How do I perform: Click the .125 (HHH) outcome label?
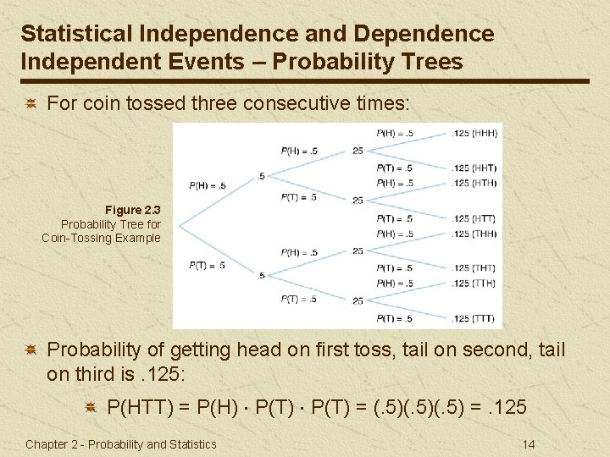coord(474,133)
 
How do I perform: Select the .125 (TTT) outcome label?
coord(474,318)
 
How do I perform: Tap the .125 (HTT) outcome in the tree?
coord(474,219)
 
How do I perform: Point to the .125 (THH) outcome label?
coord(474,234)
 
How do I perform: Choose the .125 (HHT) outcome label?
coord(474,168)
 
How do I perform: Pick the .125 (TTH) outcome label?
coord(474,283)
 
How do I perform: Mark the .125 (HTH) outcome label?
coord(474,183)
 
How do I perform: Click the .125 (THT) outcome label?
coord(474,268)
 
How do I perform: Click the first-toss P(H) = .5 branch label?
coord(208,185)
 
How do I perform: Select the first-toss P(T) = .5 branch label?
coord(208,265)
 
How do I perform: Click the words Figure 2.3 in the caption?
coord(132,209)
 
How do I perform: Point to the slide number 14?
coord(529,443)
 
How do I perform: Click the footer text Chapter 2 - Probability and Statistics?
coord(121,444)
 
